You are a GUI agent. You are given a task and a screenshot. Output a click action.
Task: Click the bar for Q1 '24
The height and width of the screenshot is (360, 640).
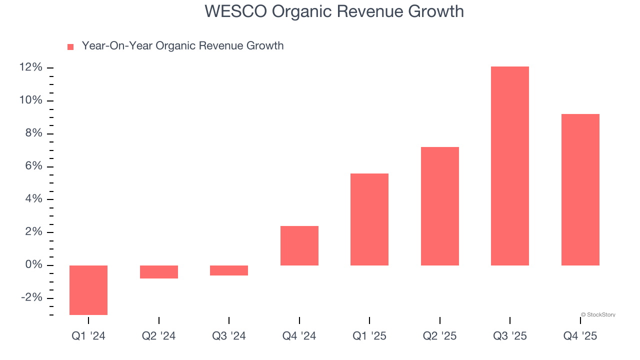click(88, 290)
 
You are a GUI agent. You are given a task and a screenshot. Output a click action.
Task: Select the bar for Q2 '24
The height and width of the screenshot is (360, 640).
click(159, 271)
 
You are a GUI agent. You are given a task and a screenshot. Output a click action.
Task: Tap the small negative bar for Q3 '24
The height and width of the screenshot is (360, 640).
click(229, 270)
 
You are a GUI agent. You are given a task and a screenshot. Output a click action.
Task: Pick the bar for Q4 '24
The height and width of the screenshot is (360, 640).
click(299, 245)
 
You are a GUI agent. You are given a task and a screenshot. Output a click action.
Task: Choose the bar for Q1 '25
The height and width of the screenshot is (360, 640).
click(369, 219)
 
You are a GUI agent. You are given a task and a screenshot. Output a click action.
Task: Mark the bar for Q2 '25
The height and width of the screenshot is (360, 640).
click(440, 206)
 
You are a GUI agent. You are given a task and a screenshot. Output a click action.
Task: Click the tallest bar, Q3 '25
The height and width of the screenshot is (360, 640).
click(510, 166)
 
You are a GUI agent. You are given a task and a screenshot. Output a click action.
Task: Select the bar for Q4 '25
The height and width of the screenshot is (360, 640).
click(580, 190)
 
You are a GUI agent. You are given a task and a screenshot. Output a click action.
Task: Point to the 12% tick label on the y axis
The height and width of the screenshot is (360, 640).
click(31, 67)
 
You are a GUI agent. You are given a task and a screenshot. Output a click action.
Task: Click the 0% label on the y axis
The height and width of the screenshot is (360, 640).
click(34, 265)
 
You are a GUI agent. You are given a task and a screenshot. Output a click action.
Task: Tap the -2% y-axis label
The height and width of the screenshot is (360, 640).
click(31, 297)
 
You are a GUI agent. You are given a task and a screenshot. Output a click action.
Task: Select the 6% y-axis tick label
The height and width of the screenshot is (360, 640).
click(34, 166)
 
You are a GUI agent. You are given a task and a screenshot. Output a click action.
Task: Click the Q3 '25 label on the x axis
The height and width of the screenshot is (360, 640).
click(510, 336)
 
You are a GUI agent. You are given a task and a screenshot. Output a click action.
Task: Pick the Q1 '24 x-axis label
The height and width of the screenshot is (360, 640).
click(88, 336)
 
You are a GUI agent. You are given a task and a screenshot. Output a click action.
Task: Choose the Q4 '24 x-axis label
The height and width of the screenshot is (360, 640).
click(299, 336)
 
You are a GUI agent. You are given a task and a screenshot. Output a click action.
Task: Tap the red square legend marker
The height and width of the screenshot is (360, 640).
click(70, 47)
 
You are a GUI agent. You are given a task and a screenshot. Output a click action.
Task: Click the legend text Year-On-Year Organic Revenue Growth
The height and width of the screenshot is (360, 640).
click(182, 46)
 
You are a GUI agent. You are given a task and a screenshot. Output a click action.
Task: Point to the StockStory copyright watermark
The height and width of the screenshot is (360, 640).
click(598, 314)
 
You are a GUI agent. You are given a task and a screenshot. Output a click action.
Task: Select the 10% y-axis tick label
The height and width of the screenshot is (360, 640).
click(31, 100)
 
